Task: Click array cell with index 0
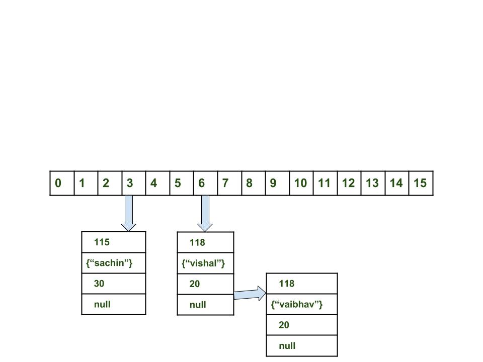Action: (x=62, y=183)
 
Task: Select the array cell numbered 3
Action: (x=134, y=183)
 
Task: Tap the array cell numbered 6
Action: (x=205, y=183)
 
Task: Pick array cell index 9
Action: (x=277, y=183)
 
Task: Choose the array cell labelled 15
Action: (x=421, y=183)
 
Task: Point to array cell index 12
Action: (x=349, y=183)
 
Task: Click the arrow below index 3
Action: (x=129, y=213)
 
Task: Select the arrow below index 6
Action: (x=205, y=213)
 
